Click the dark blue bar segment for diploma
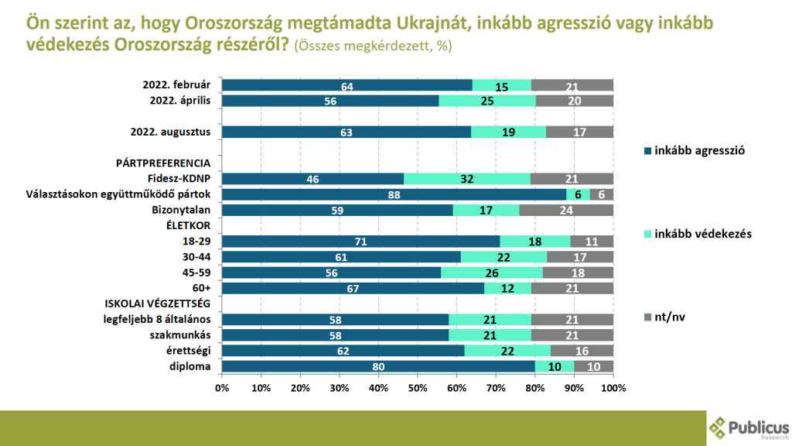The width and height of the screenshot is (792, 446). click(x=378, y=366)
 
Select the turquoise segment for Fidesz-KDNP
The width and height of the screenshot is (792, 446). click(x=466, y=179)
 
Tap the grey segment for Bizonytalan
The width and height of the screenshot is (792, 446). click(x=566, y=210)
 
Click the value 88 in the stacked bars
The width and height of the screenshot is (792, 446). click(x=394, y=194)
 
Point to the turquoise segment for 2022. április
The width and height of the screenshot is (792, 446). click(x=487, y=101)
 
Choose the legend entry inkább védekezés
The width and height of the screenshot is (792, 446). click(x=698, y=234)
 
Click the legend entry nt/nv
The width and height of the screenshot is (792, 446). click(x=664, y=317)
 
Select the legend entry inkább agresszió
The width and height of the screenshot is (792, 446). click(x=695, y=151)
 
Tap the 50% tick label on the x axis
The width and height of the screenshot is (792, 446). click(x=417, y=388)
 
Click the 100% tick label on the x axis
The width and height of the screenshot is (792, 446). click(x=613, y=388)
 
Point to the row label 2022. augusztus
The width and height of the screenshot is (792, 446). click(x=170, y=132)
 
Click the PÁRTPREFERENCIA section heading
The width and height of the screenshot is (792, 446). click(x=163, y=163)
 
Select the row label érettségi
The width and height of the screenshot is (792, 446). click(x=189, y=351)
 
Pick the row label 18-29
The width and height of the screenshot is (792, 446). click(x=196, y=242)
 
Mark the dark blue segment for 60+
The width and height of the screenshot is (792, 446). click(x=353, y=288)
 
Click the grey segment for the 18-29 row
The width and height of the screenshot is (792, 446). click(x=592, y=242)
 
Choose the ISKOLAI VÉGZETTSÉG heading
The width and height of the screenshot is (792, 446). click(x=158, y=304)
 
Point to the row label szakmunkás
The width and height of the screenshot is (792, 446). click(x=180, y=335)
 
